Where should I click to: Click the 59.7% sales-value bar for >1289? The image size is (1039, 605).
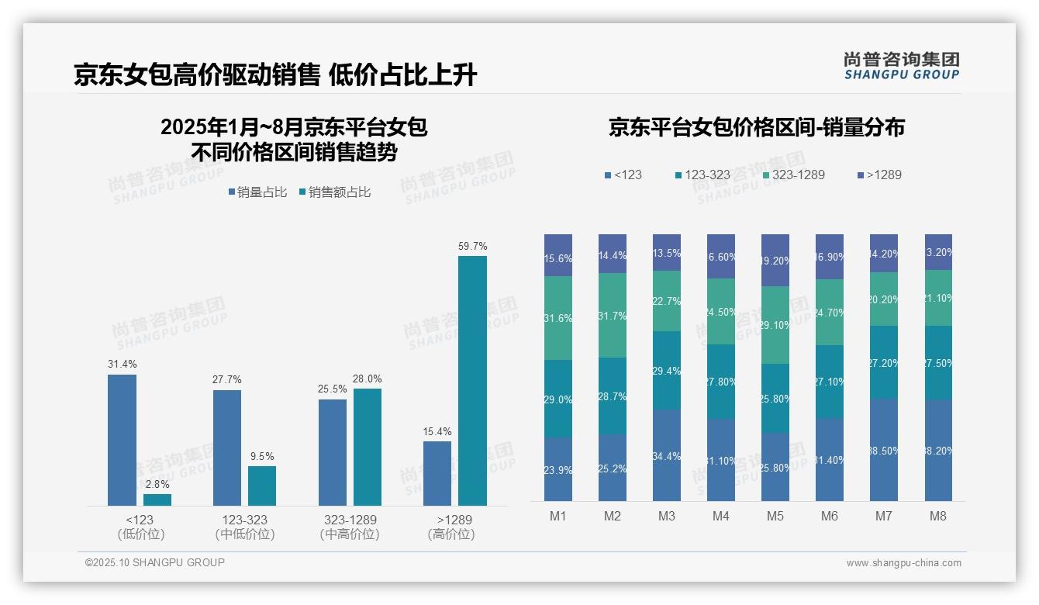[x=472, y=381]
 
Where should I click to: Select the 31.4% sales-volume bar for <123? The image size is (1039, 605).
[x=122, y=440]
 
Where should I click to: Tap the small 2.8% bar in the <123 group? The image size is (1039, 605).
[x=157, y=500]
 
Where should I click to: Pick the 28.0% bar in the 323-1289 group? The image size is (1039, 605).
[x=368, y=447]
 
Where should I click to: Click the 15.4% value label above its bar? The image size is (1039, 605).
[x=437, y=432]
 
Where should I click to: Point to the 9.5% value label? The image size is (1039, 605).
[x=262, y=457]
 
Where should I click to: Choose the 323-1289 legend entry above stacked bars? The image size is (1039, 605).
[x=793, y=175]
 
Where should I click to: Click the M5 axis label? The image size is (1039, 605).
[x=775, y=516]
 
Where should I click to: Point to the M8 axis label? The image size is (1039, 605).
[x=938, y=516]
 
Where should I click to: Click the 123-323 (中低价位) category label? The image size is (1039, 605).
[x=244, y=527]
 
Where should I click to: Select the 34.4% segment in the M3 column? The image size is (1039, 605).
[x=667, y=455]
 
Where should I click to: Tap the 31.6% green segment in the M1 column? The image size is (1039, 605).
[x=558, y=318]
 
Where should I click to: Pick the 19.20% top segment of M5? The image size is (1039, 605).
[x=775, y=261]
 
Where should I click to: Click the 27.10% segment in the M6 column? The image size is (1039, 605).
[x=830, y=382]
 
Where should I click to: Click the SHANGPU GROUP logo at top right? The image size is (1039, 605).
[x=901, y=66]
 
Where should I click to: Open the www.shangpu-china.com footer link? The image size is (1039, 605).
[x=903, y=563]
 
